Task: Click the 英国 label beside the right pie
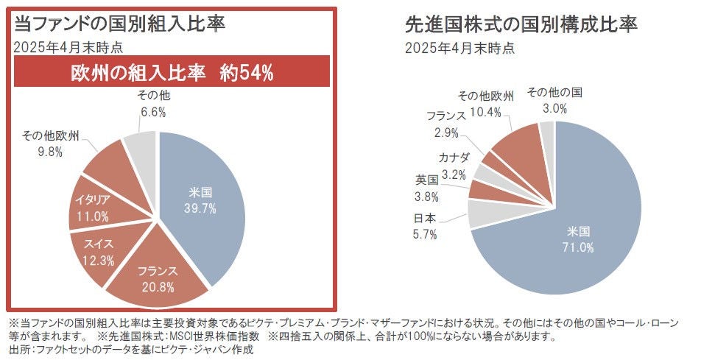427,180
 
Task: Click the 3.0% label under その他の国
554,108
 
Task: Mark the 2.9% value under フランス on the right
446,133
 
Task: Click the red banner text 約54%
244,73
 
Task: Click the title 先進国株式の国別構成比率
521,24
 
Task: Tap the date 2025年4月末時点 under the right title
459,48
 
